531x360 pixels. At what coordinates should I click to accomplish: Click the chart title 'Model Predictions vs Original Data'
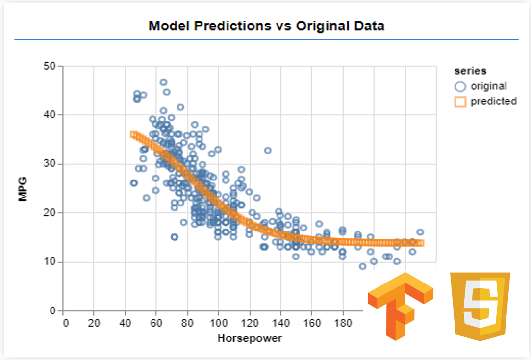266,26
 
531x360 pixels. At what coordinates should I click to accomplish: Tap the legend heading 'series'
470,71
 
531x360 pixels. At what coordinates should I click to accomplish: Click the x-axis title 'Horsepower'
250,338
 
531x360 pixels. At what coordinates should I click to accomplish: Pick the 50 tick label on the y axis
50,66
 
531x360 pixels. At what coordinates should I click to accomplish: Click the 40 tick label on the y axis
50,115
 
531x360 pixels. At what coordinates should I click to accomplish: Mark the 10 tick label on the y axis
50,262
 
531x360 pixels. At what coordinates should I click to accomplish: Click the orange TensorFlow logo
400,305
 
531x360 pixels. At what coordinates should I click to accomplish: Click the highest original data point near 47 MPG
163,82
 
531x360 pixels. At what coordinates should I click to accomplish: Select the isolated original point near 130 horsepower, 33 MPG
268,151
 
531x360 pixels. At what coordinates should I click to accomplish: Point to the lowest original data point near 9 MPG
362,266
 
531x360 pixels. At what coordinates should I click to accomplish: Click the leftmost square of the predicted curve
133,134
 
